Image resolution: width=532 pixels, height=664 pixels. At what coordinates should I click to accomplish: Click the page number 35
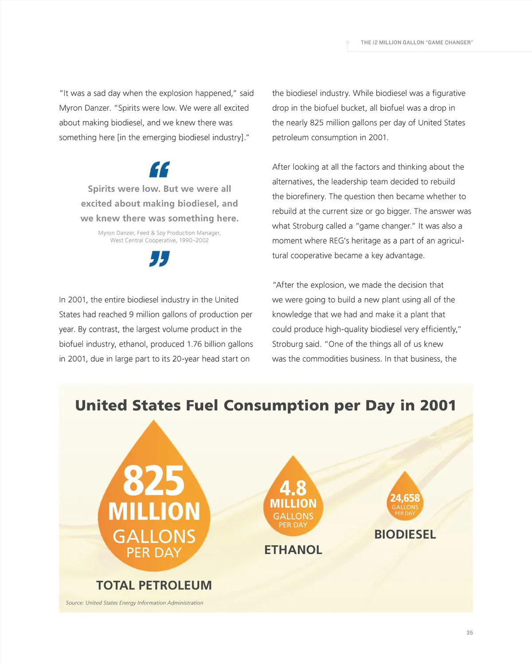coord(469,633)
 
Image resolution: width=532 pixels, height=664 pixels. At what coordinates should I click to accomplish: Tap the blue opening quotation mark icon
coord(159,170)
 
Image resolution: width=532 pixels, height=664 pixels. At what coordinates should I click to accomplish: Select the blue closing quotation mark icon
coord(159,258)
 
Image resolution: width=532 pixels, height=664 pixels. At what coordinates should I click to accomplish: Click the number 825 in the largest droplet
coord(153,481)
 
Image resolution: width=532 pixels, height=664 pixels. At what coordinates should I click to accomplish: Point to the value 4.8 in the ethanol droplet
coord(293,488)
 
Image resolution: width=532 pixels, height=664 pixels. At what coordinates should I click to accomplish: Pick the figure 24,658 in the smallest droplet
coord(405,498)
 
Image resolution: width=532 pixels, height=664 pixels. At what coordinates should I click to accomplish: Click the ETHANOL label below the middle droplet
coord(293,550)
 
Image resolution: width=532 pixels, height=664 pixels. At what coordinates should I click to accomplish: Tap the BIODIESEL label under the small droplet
coord(405,535)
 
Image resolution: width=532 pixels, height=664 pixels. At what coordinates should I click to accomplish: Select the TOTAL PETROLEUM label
coord(154,586)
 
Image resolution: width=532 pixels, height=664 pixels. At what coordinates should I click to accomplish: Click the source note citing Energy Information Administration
coord(135,603)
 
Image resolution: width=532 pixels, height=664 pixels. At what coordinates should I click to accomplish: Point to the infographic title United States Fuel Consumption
coord(266,406)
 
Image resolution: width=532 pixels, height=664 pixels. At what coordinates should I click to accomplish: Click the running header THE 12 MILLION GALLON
coord(416,43)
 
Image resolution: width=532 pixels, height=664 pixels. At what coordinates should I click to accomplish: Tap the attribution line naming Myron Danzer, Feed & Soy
coord(159,233)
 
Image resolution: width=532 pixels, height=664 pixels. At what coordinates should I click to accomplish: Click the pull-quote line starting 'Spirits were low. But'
coord(159,189)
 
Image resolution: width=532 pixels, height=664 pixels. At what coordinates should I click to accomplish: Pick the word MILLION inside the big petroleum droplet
coord(154,512)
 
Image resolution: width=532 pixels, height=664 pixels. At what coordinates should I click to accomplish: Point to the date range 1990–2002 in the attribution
coord(194,240)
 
